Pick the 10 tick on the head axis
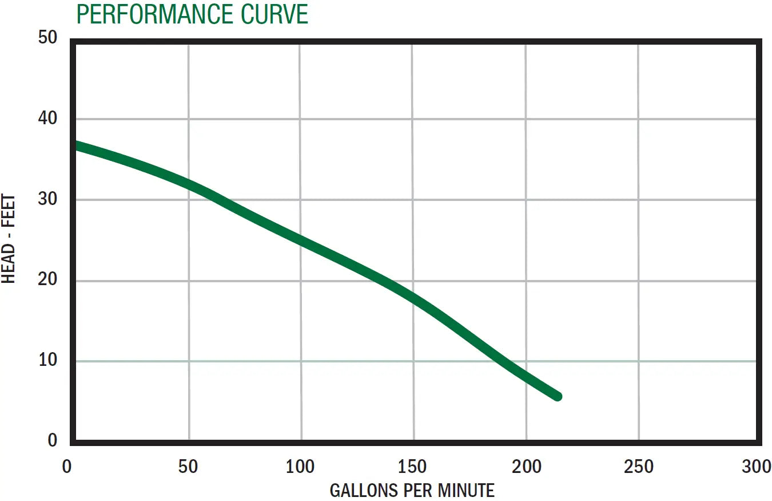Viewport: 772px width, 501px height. [x=48, y=360]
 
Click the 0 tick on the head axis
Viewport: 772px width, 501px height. [x=53, y=440]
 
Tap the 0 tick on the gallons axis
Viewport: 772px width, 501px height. [x=67, y=467]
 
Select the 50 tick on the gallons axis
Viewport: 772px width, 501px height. [x=188, y=467]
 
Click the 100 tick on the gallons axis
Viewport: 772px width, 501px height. [x=300, y=467]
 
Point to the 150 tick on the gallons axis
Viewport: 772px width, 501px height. [x=412, y=467]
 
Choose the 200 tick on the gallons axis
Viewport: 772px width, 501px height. [x=526, y=467]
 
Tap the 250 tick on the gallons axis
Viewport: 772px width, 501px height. [x=638, y=467]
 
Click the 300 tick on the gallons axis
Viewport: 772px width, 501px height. [x=756, y=467]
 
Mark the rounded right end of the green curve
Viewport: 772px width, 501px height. [x=557, y=396]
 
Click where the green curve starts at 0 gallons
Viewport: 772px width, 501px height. [x=77, y=146]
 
